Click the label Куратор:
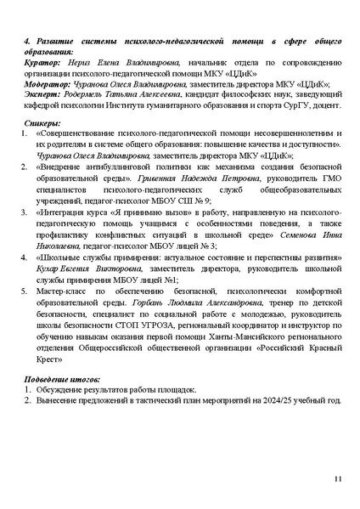pos(41,63)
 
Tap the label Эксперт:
pos(41,96)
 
